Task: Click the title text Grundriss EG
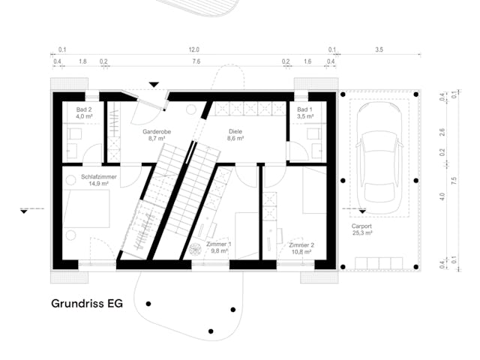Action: tap(87, 304)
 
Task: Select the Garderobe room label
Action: tap(157, 132)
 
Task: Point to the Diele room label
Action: tap(236, 132)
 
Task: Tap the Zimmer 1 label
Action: tap(219, 244)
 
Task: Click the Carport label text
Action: tap(361, 226)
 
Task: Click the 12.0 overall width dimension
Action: tap(194, 49)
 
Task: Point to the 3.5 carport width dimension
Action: tap(378, 49)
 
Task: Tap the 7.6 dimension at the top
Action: tap(195, 61)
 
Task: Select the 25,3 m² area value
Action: tap(361, 232)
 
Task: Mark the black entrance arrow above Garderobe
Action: tap(154, 85)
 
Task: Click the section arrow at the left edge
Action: tap(25, 211)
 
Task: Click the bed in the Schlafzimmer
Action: tap(87, 213)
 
